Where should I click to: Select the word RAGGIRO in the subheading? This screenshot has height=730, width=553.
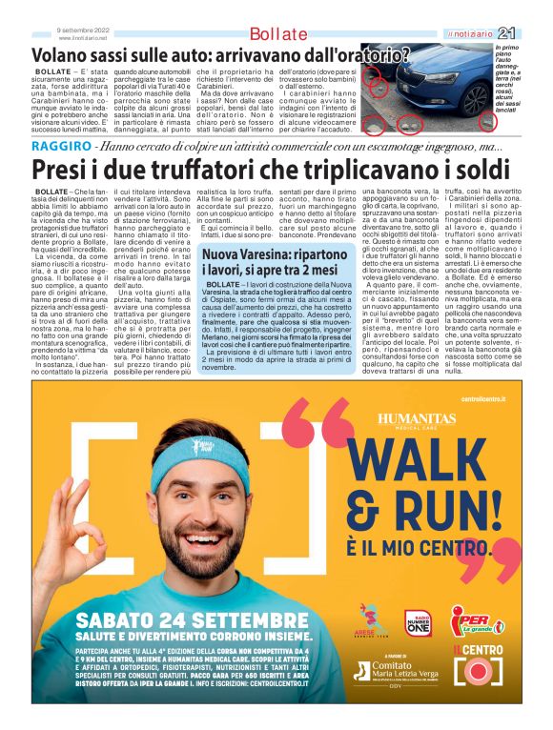(61, 146)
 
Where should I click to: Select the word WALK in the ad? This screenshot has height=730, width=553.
(440, 469)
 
